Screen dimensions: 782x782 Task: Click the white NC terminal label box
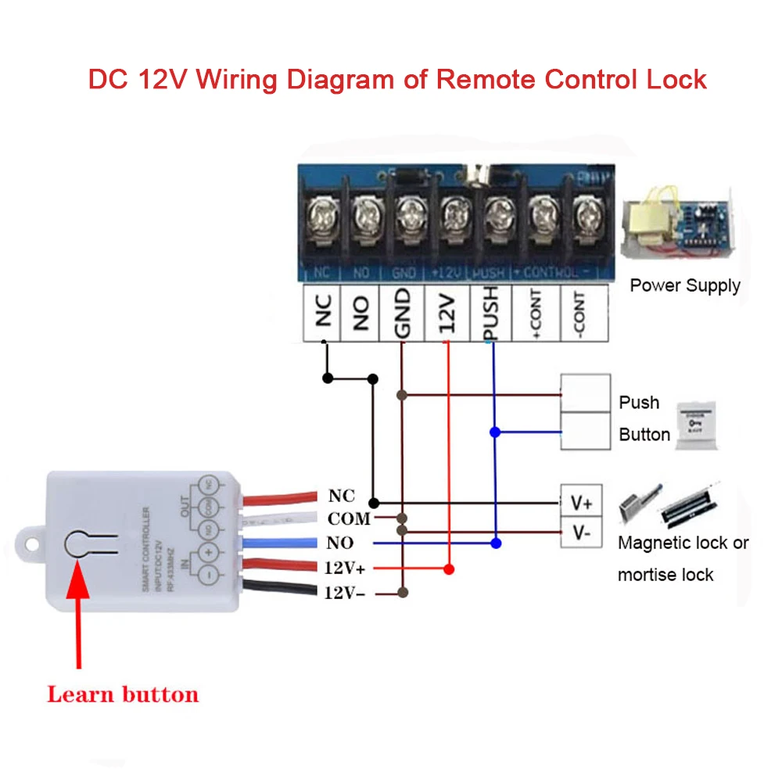click(322, 313)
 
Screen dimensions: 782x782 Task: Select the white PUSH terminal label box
click(491, 313)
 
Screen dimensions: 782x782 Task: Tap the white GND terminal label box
click(402, 313)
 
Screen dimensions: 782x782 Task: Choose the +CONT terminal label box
click(536, 313)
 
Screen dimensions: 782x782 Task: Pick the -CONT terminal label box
click(583, 313)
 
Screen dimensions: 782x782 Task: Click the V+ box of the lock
click(581, 500)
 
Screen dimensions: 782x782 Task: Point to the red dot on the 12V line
click(449, 569)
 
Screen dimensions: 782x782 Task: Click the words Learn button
click(123, 694)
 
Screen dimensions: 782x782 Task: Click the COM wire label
click(349, 519)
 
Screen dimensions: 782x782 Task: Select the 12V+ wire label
click(350, 569)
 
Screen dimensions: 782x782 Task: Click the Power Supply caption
click(685, 285)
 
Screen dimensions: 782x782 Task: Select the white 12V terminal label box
click(447, 313)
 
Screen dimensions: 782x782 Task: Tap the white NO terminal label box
click(361, 313)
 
